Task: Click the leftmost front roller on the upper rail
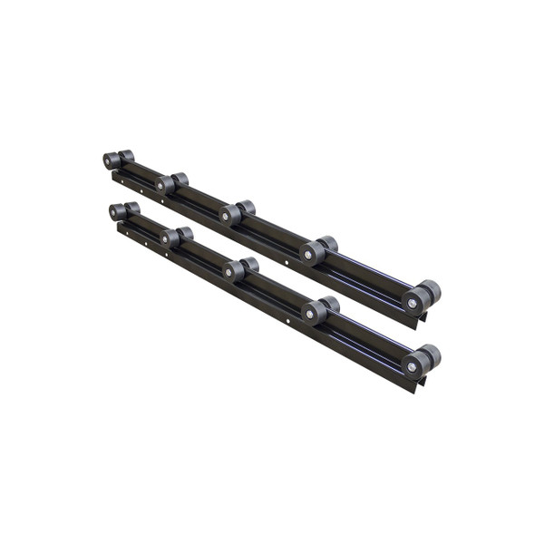point(112,161)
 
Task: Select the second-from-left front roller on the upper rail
point(165,185)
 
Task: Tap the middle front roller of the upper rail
point(229,215)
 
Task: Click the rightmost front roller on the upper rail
point(415,302)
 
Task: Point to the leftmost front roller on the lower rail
point(117,212)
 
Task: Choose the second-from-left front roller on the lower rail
point(170,238)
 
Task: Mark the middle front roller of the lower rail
point(234,271)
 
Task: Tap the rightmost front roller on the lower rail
point(415,365)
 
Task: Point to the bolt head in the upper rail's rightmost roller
point(413,303)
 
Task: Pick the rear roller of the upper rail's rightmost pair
point(431,291)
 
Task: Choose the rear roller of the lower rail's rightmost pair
point(431,355)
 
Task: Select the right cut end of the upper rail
point(420,322)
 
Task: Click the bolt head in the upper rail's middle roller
point(228,216)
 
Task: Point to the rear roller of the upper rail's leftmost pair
point(126,156)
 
